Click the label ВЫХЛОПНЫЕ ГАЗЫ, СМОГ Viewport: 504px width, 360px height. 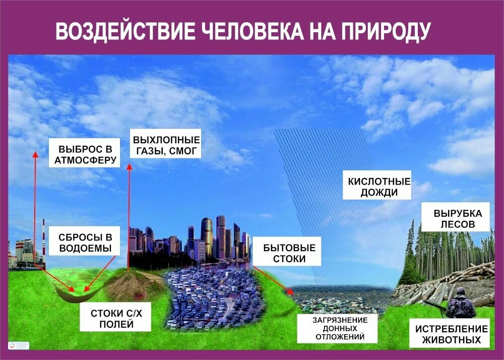165,145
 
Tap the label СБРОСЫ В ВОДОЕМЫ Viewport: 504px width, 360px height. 85,243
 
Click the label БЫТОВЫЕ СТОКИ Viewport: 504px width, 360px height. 289,254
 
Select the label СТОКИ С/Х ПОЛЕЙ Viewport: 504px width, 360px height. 116,319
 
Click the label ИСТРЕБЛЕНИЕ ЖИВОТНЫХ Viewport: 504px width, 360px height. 451,334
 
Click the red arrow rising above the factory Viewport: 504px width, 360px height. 35,202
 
